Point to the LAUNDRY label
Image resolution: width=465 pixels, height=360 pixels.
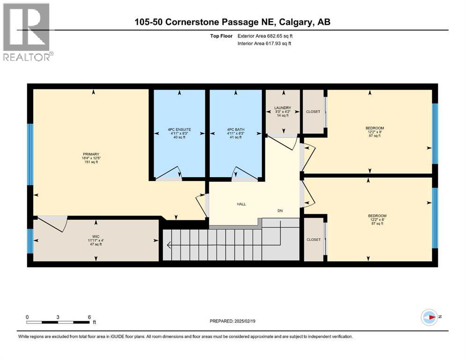pos(282,108)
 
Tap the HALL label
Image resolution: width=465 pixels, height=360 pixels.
pos(241,204)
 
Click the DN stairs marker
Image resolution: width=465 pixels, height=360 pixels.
pos(280,211)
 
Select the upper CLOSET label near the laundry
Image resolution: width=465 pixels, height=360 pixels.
pos(313,112)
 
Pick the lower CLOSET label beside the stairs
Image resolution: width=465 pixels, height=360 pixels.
pos(313,240)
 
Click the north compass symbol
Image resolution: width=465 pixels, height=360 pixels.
pos(428,317)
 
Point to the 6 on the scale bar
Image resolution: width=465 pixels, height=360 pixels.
pos(89,317)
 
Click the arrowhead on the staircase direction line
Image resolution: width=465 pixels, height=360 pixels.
pos(169,245)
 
